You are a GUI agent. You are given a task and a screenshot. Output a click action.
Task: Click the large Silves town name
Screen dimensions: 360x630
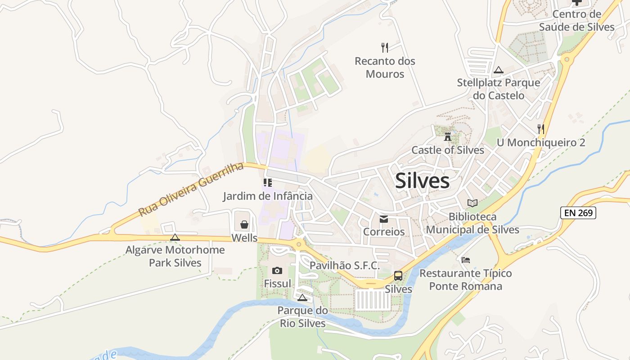(422, 181)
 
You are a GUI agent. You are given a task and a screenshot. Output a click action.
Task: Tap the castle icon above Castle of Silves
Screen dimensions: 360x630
(448, 136)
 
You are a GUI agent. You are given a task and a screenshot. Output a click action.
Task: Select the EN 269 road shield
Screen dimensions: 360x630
(578, 213)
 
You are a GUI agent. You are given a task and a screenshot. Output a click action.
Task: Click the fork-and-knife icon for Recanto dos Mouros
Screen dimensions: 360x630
(385, 47)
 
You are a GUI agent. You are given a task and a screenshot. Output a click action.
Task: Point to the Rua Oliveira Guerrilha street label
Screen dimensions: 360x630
(191, 189)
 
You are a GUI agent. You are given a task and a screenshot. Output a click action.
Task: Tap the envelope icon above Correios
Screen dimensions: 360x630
(384, 219)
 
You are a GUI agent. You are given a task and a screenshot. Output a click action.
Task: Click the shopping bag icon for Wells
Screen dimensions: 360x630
(244, 224)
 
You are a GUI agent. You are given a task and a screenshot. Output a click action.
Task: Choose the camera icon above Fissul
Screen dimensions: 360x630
(277, 270)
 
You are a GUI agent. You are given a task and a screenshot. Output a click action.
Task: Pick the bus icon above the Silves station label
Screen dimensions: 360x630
(398, 276)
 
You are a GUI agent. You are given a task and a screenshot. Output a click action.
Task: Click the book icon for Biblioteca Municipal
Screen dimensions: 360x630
(472, 203)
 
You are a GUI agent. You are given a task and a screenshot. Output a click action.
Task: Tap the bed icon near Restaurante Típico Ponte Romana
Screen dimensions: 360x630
(466, 260)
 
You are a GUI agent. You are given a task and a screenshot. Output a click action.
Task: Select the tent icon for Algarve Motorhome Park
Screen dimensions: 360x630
(175, 237)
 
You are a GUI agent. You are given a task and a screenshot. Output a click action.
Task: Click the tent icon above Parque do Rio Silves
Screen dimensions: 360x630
(302, 297)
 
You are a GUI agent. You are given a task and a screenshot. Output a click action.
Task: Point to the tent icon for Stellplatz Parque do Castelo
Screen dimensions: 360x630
(498, 70)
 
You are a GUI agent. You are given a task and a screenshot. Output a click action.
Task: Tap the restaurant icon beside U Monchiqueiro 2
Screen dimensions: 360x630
(541, 129)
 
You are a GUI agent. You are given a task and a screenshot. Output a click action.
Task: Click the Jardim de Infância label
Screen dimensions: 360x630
(268, 196)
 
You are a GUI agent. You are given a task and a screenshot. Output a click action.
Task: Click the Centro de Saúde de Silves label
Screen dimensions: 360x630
(577, 20)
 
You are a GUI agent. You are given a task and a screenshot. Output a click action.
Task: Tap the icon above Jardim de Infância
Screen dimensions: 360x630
(268, 183)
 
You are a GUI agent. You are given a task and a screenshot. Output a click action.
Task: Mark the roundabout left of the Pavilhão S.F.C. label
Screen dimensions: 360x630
(298, 244)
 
